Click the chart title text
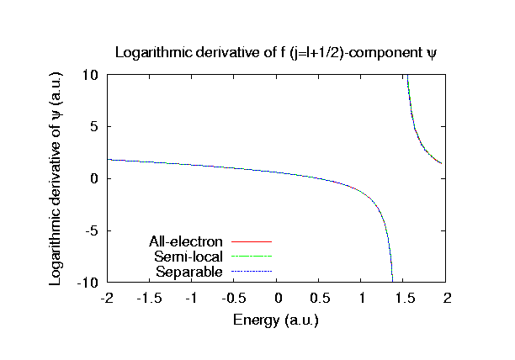(277, 53)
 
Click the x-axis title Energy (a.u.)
(277, 320)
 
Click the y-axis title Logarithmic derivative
(56, 179)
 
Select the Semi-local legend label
(188, 257)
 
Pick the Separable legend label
(188, 272)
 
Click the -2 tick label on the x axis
(106, 299)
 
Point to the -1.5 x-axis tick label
(149, 299)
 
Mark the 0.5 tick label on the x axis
(321, 299)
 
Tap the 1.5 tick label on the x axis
(406, 299)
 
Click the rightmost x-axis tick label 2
(449, 299)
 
